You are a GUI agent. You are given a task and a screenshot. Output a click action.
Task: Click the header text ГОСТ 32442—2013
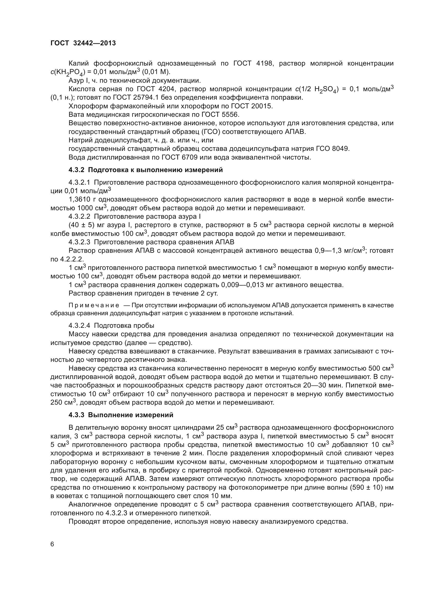[83, 43]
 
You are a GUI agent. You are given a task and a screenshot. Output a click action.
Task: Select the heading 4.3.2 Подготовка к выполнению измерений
[145, 170]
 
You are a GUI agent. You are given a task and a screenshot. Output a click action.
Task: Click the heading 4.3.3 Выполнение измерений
[121, 415]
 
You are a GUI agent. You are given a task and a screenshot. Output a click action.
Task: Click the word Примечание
[94, 305]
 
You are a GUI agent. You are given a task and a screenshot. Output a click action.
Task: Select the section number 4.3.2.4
[79, 325]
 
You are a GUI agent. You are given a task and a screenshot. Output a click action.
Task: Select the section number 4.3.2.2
[79, 217]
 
